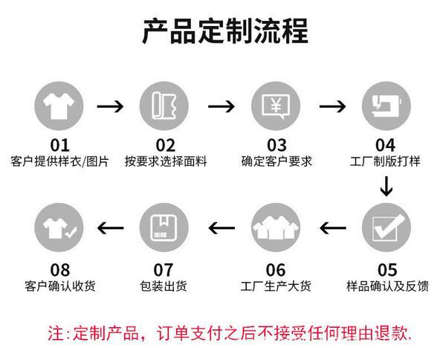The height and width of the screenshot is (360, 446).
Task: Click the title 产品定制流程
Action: [x=225, y=31]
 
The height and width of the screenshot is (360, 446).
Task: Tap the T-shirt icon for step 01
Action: [x=59, y=106]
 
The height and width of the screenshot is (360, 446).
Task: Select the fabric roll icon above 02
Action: [x=164, y=106]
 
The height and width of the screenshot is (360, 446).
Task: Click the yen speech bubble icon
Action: [x=276, y=106]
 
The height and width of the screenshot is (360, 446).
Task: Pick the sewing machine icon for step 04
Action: [x=387, y=106]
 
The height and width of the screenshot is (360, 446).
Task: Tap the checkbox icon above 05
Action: [x=387, y=228]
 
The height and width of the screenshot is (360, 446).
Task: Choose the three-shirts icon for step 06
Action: [x=276, y=228]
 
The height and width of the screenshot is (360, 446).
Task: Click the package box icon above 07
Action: [x=164, y=228]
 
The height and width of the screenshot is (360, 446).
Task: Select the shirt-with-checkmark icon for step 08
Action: [x=59, y=228]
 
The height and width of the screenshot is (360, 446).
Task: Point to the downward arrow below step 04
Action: [x=387, y=187]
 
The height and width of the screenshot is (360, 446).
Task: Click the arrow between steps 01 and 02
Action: [x=110, y=106]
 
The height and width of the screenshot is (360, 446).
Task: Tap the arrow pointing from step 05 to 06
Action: [x=333, y=228]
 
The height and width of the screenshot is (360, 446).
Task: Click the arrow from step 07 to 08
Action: [x=110, y=228]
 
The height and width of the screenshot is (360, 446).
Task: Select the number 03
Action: [x=277, y=145]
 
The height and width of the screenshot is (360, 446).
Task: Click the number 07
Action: [x=164, y=270]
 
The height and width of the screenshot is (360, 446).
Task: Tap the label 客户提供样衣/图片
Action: [x=59, y=161]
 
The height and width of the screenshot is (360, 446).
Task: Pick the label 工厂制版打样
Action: [x=385, y=161]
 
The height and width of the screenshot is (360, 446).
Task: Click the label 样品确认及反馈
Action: [x=387, y=286]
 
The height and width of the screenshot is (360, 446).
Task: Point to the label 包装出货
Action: [x=164, y=286]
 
